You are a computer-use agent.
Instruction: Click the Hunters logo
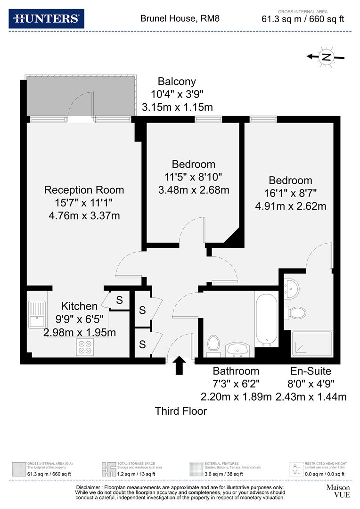[47, 18]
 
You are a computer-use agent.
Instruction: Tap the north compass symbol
[326, 57]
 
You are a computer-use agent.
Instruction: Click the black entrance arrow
[180, 365]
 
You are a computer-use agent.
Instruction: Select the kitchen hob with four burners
[86, 347]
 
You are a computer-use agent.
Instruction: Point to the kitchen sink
[36, 314]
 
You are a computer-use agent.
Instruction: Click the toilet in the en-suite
[295, 312]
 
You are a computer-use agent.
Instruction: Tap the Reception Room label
[84, 190]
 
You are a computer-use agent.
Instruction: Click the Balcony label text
[177, 81]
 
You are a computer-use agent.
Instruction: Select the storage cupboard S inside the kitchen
[119, 300]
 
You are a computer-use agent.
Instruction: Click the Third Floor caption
[181, 411]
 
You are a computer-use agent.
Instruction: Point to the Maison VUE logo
[337, 492]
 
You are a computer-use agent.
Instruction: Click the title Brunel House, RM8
[180, 19]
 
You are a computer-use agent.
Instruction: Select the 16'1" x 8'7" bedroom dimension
[290, 193]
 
